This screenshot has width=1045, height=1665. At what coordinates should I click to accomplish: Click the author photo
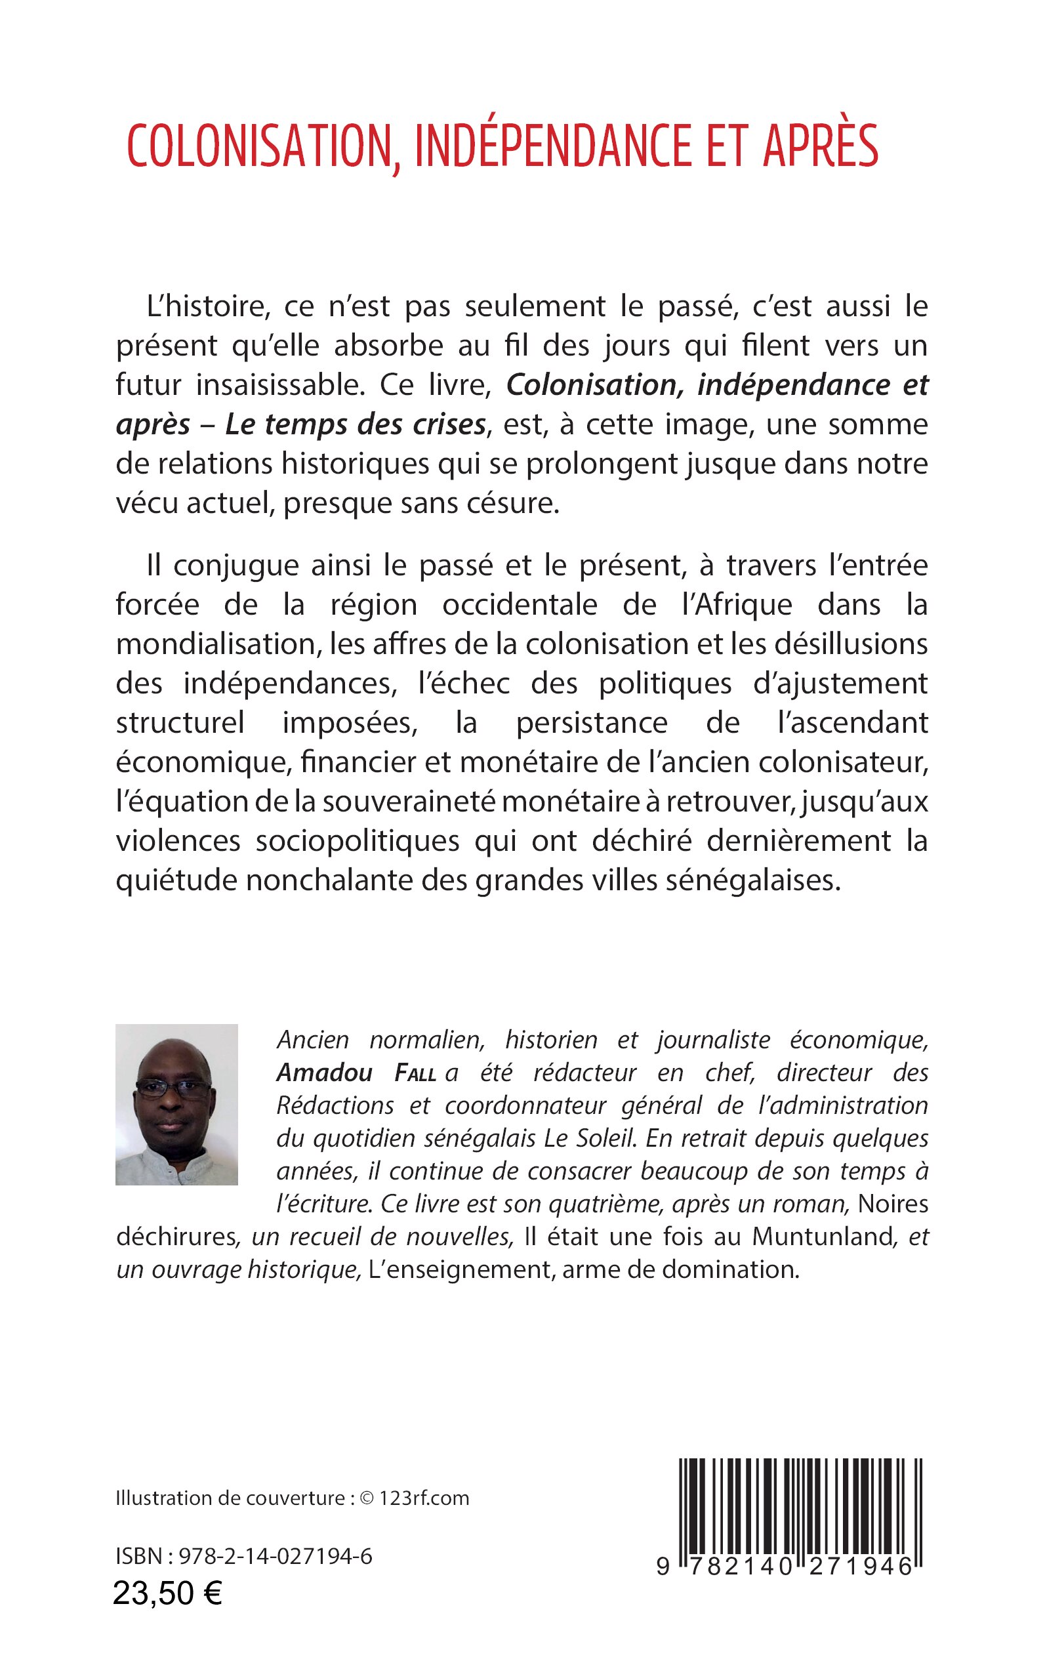(176, 1105)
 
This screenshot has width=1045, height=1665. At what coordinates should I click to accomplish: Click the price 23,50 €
(167, 1613)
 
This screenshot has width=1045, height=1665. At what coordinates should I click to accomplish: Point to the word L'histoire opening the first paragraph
(207, 306)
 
